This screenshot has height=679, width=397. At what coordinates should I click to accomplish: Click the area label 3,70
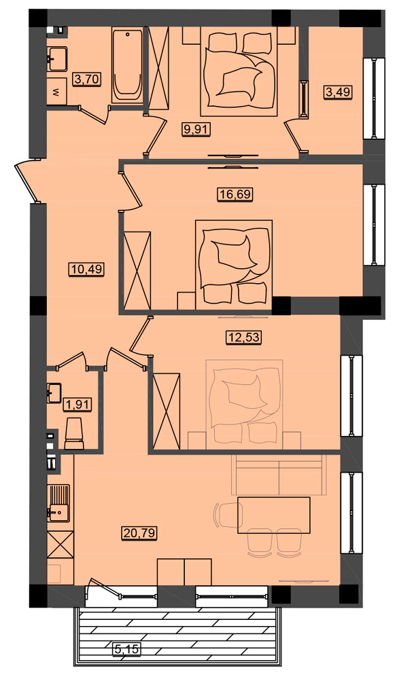pos(88,79)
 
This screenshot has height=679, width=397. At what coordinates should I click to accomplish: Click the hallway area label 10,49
pos(86,270)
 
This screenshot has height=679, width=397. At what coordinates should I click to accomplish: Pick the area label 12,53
pos(245,337)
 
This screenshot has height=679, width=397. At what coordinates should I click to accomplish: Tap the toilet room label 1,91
pos(76,405)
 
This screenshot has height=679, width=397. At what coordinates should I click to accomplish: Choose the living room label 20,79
pos(138,531)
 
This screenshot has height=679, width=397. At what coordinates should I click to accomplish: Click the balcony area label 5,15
pos(127,648)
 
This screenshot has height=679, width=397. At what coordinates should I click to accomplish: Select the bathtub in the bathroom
pos(127,65)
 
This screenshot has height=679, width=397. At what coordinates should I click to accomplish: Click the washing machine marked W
pos(57,92)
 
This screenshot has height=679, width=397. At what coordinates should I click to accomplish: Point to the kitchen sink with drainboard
pos(59,503)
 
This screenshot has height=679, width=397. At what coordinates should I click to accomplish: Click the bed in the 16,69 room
pos(234,265)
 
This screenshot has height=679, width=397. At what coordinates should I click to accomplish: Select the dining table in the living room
pos(274,515)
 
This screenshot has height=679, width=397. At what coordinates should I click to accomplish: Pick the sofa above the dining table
pos(278,475)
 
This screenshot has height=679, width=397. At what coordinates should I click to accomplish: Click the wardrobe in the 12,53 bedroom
pos(166,411)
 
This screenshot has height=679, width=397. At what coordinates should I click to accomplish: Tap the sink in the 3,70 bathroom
pos(57,59)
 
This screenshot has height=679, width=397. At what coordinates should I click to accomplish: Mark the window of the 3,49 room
pos(374,98)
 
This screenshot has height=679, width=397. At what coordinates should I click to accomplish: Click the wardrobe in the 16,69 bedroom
pos(137,271)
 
